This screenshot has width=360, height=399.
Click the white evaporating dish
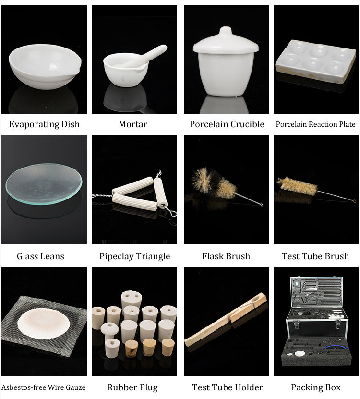tap(45, 67)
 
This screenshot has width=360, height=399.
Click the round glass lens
tap(44, 184)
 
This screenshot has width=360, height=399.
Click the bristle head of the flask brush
tap(214, 183)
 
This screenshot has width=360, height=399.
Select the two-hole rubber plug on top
tap(131, 299)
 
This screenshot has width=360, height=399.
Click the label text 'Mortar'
tap(133, 124)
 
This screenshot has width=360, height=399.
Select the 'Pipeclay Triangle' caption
tap(134, 256)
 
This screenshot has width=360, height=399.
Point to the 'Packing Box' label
tap(316, 387)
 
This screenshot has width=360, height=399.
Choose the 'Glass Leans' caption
tap(40, 256)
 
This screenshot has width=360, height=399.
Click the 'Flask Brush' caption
tap(226, 256)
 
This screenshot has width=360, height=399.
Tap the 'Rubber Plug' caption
tap(132, 387)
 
